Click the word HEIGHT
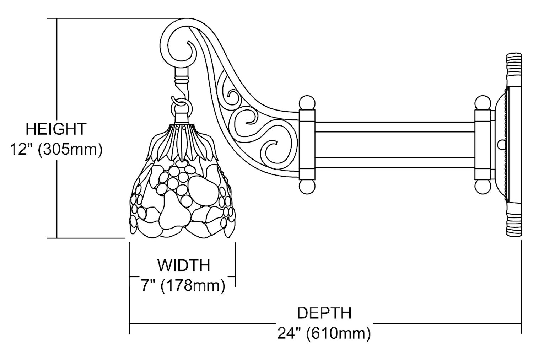pyautogui.click(x=56, y=129)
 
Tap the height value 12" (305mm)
pyautogui.click(x=56, y=150)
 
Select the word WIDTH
pyautogui.click(x=184, y=265)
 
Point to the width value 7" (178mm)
pyautogui.click(x=183, y=285)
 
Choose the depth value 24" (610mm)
pyautogui.click(x=324, y=333)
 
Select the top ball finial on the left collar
pyautogui.click(x=307, y=103)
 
